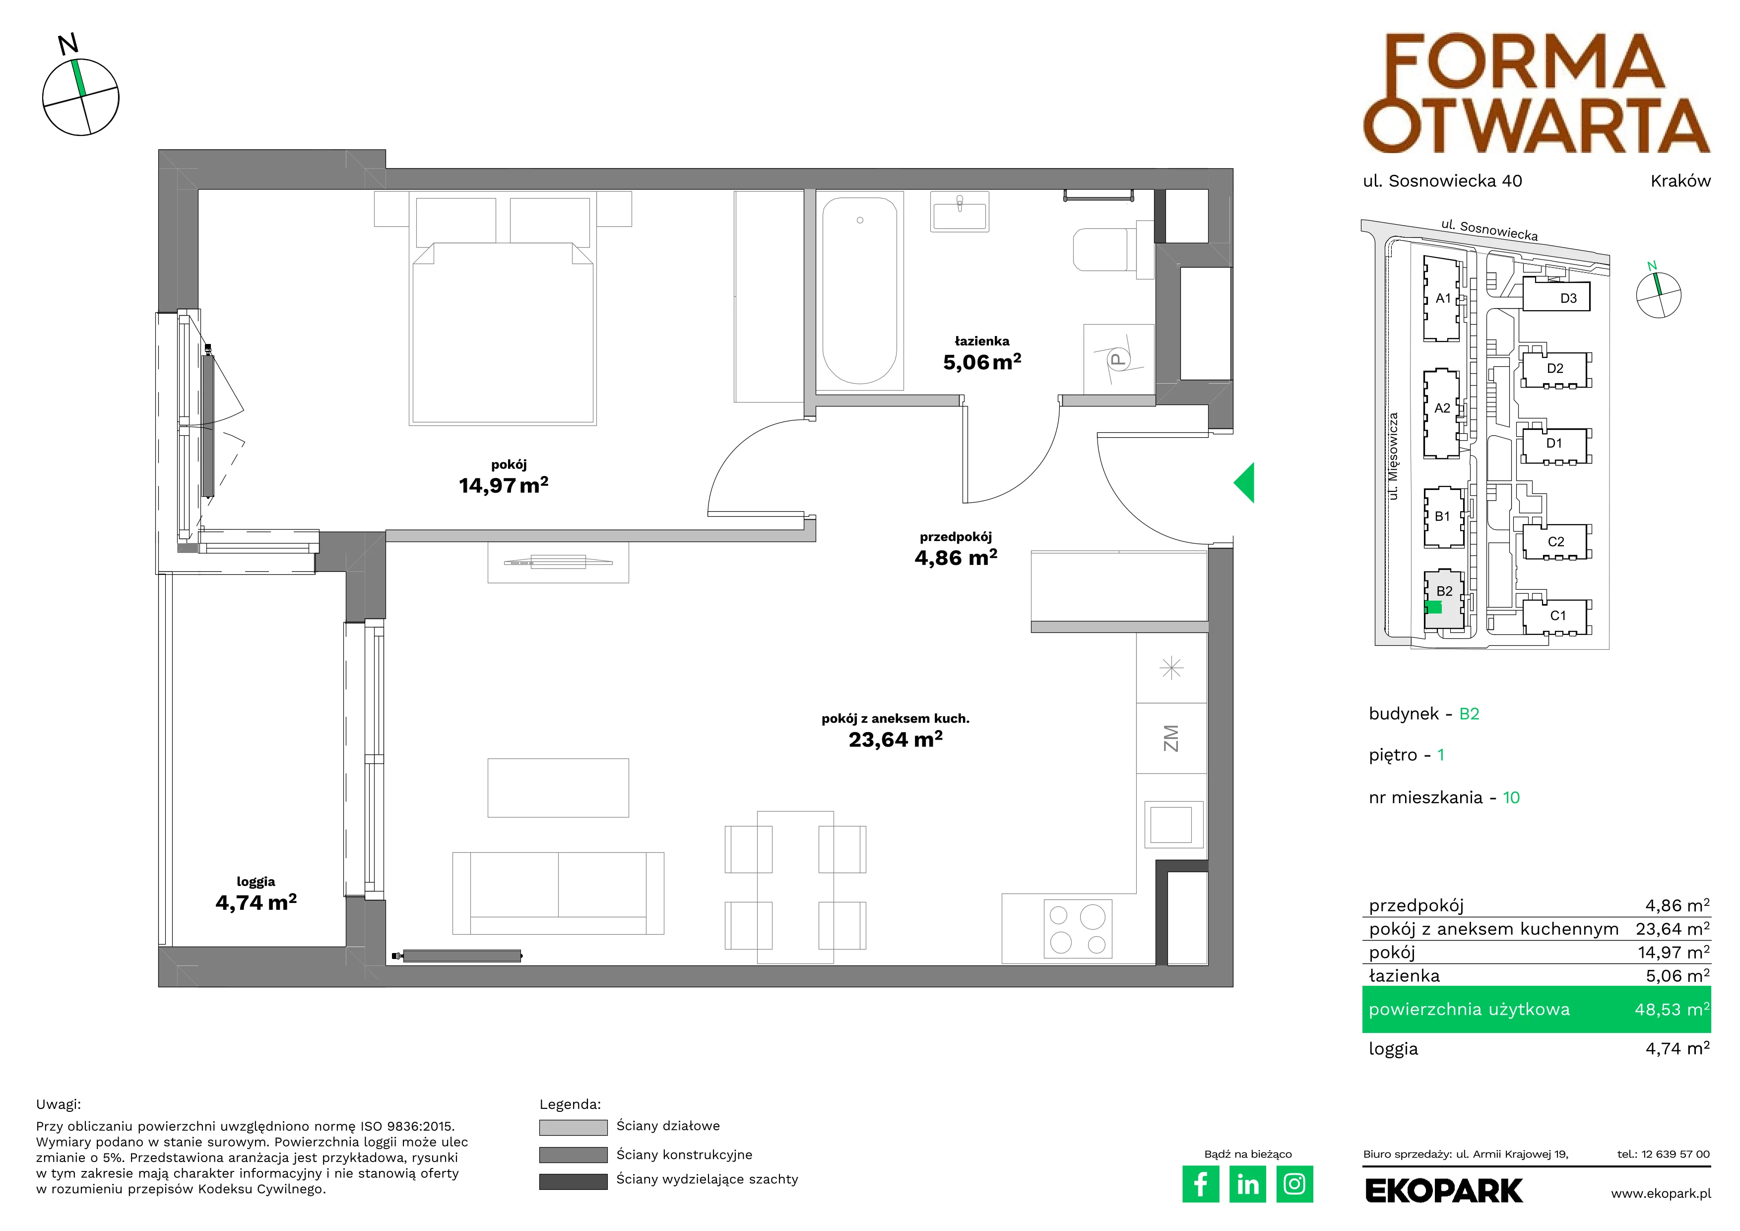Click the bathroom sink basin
[x=960, y=211]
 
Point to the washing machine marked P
[x=1118, y=359]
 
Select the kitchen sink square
[x=1171, y=824]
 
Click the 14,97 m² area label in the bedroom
[x=503, y=484]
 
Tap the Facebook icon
[x=1200, y=1184]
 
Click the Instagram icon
[x=1294, y=1184]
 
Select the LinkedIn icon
[x=1247, y=1184]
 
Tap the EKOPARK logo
[x=1444, y=1191]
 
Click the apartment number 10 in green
[x=1511, y=798]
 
